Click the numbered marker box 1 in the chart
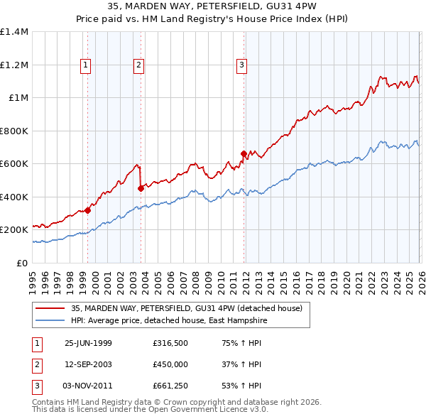(x=86, y=65)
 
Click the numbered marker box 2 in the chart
(x=138, y=65)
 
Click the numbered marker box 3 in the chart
(x=241, y=65)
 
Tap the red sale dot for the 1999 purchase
(x=88, y=209)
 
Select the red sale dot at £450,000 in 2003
(x=141, y=188)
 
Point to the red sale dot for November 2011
(x=244, y=153)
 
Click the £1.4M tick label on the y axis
(x=14, y=32)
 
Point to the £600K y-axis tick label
(x=14, y=164)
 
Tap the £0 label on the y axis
(x=22, y=263)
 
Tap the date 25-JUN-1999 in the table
(x=88, y=342)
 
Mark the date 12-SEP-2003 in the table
(x=88, y=365)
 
